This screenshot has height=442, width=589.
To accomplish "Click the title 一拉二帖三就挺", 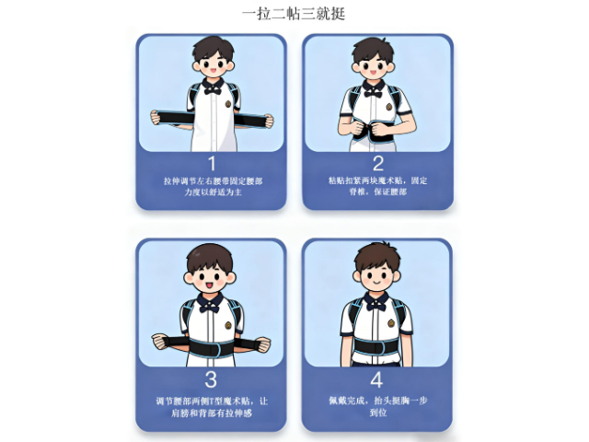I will [x=294, y=15].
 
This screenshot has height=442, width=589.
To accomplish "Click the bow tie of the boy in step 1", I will [x=213, y=88].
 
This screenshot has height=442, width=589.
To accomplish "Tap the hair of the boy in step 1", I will [x=213, y=47].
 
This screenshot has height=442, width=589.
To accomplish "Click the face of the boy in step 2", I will [x=374, y=66].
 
